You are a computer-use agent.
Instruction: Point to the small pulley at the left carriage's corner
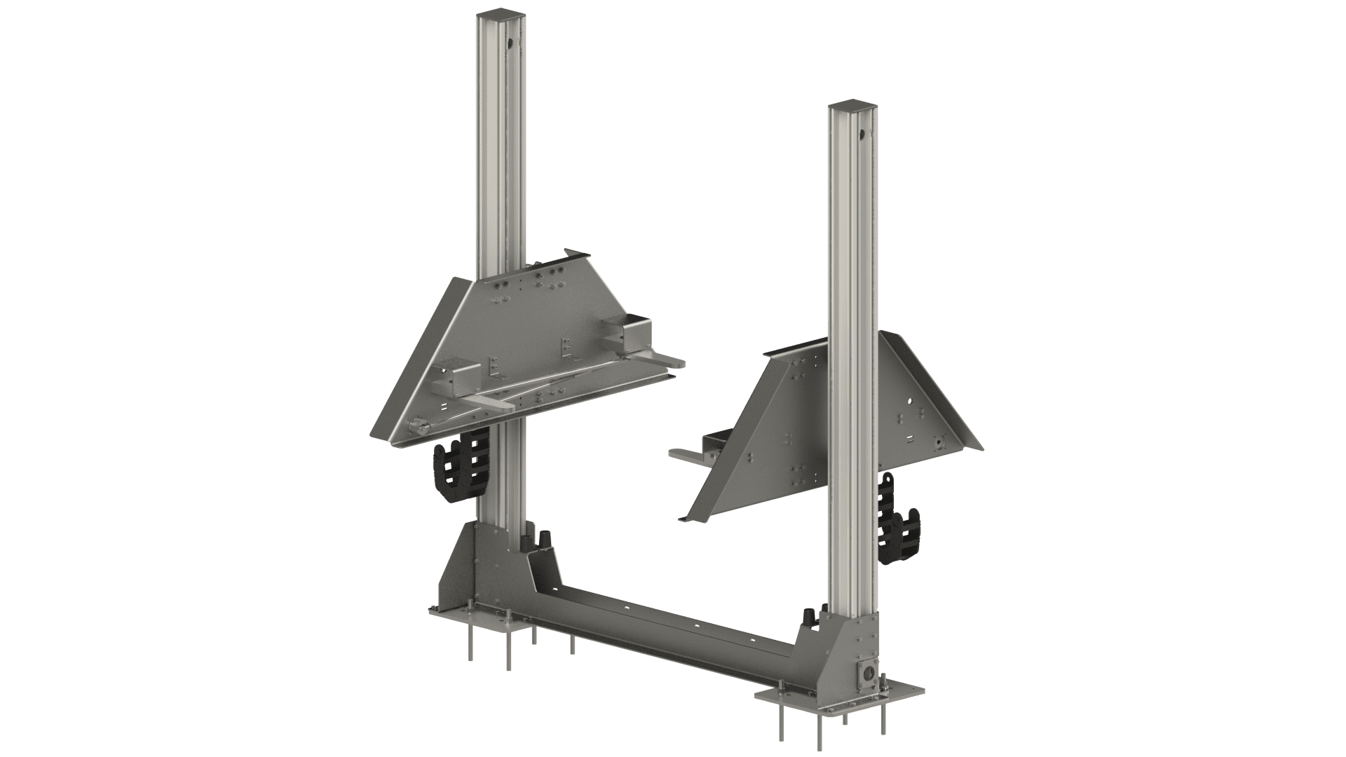(418, 427)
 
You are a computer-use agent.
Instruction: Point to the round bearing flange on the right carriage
(938, 443)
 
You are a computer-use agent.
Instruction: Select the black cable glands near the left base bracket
(544, 540)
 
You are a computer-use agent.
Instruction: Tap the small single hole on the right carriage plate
(909, 402)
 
